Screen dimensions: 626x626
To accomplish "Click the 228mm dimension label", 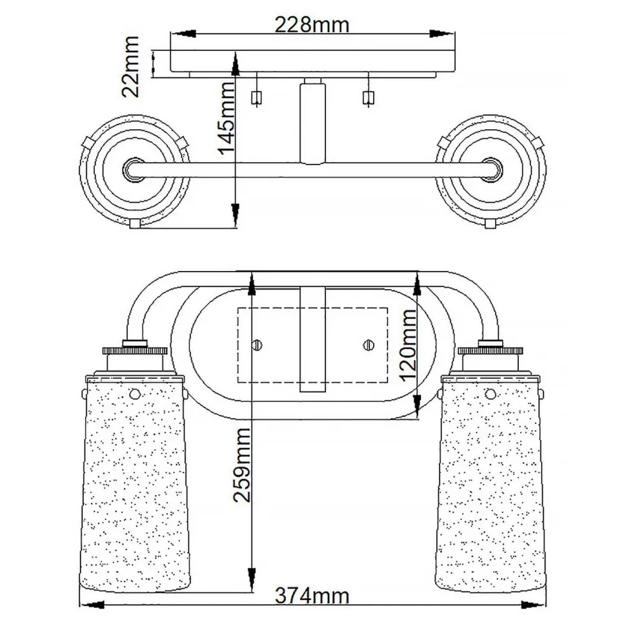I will click(x=312, y=24).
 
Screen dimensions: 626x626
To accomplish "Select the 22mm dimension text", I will click(x=131, y=66).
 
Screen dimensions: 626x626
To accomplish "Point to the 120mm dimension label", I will click(x=407, y=345).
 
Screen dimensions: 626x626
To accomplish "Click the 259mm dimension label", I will click(x=241, y=465).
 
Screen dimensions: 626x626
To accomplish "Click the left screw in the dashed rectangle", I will click(x=257, y=343).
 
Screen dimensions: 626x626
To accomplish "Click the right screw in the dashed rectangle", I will click(x=370, y=343).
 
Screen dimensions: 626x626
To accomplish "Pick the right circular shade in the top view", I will click(x=492, y=170).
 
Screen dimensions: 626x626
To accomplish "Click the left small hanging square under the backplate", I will click(x=256, y=97).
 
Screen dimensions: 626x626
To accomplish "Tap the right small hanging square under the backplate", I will click(x=369, y=97).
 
